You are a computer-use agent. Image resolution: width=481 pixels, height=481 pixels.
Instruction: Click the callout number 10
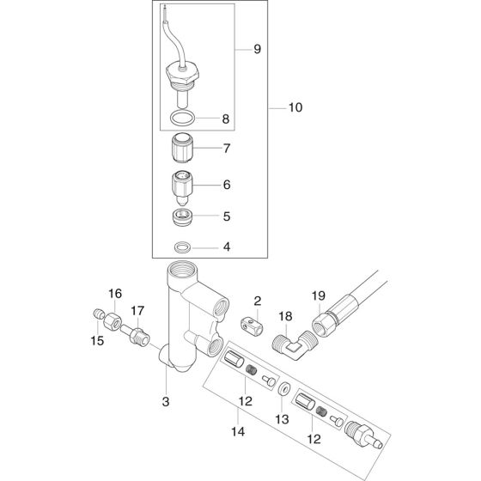coord(295,108)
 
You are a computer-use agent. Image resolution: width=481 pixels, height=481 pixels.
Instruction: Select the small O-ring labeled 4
coord(181,247)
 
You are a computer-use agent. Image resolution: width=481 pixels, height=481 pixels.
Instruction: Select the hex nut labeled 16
coord(114,321)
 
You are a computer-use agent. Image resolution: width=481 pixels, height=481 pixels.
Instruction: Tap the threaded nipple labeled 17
coord(137,330)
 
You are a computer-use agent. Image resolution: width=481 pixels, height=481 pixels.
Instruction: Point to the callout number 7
coord(227,149)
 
